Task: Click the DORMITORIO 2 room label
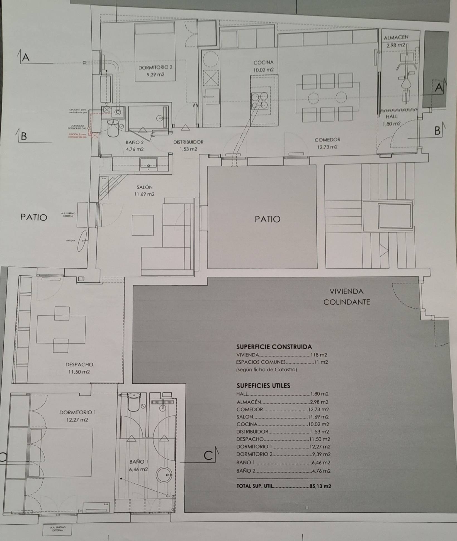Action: point(155,67)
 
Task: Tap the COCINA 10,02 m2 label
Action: point(263,66)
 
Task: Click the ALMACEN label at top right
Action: point(396,37)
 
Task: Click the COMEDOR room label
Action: point(327,140)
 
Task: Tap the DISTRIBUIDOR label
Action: point(188,142)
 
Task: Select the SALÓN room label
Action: point(144,187)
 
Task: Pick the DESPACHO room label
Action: point(79,364)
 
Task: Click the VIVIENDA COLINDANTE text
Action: point(346,297)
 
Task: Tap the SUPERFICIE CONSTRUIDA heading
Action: point(274,347)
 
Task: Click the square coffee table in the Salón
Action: point(143,225)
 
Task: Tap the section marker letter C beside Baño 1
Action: point(208,456)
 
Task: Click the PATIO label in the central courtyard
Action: point(267,219)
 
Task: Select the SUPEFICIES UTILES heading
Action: point(263,386)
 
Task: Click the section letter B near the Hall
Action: point(437,131)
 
